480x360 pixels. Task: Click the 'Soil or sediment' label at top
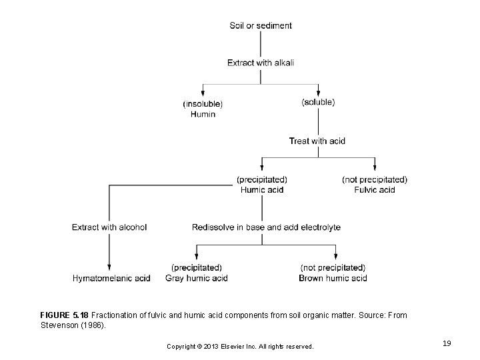(x=260, y=26)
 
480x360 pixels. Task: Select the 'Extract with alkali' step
(x=260, y=63)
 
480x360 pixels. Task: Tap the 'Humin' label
(x=203, y=114)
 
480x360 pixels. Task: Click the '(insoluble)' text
(x=203, y=103)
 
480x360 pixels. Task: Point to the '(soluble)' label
(x=318, y=102)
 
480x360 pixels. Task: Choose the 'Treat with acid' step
(x=317, y=141)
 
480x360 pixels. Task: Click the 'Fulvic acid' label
(x=374, y=190)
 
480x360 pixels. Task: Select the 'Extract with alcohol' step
(x=109, y=227)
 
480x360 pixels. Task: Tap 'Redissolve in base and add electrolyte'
(x=266, y=227)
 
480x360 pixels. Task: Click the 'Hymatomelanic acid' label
(x=111, y=278)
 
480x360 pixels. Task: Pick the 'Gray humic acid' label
(x=197, y=278)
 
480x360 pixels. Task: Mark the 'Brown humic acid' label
(x=333, y=278)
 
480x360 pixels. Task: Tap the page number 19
(x=447, y=343)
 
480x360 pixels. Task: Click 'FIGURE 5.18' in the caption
(x=64, y=314)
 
